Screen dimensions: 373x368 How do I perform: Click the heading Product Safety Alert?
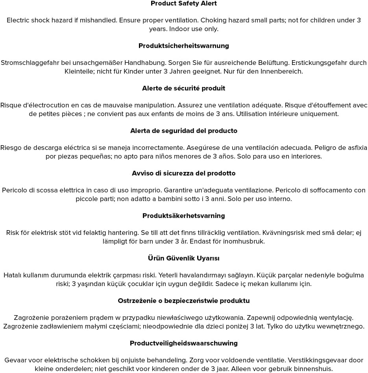(184, 4)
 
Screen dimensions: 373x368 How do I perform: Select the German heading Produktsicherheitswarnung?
(184, 46)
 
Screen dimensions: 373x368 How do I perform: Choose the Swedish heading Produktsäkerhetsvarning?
(184, 216)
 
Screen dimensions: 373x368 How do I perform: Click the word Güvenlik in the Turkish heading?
(181, 259)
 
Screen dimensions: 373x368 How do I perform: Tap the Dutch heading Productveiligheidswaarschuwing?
(184, 343)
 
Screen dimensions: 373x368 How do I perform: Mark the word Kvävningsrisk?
(283, 233)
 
